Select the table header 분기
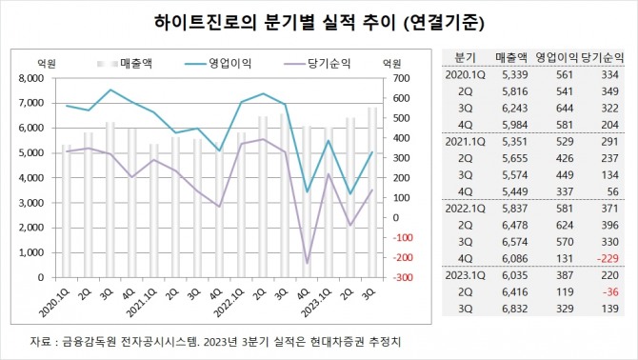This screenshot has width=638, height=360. coord(466,56)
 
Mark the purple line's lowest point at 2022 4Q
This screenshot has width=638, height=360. coord(308,263)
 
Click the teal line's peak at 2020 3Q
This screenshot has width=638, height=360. coord(110,90)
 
